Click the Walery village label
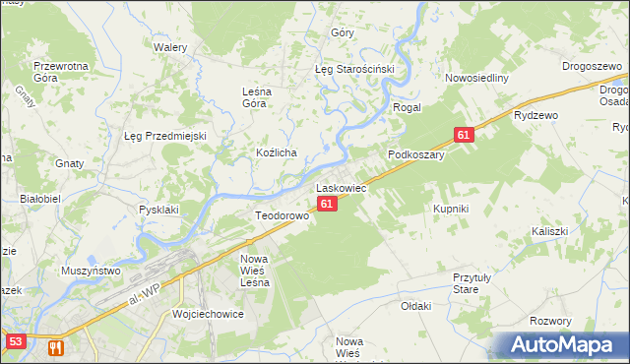click(170, 46)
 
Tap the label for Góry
click(343, 32)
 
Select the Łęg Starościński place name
click(354, 70)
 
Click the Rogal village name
click(408, 107)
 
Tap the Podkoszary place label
click(417, 154)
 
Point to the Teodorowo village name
click(283, 215)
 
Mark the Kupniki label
click(451, 210)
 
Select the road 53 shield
click(15, 341)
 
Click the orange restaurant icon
click(55, 347)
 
